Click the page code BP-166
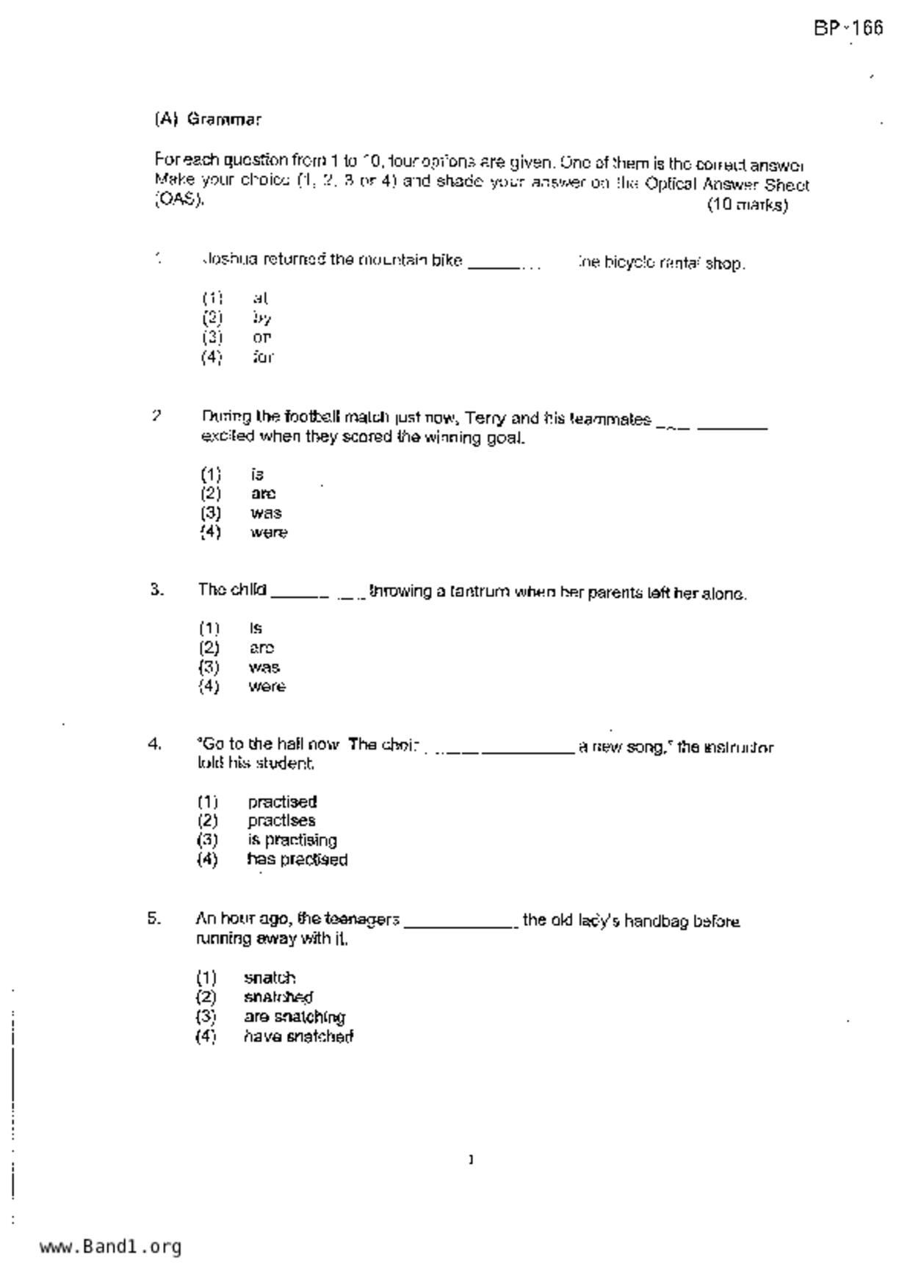(x=848, y=29)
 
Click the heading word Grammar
(x=224, y=119)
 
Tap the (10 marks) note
(x=747, y=205)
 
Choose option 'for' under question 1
(x=262, y=358)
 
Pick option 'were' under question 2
(x=268, y=532)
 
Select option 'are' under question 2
(x=263, y=493)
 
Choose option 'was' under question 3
(x=264, y=667)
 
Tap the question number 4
(x=154, y=745)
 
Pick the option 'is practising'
(x=292, y=840)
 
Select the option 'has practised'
(x=297, y=860)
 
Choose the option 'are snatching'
(x=294, y=1017)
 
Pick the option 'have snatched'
(x=298, y=1037)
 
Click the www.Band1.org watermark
(x=110, y=1247)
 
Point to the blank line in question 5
(x=461, y=924)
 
